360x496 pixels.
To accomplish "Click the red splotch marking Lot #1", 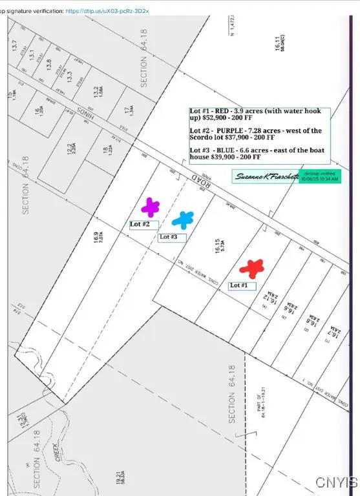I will [251, 267].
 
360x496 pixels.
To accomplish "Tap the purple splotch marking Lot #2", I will [150, 207].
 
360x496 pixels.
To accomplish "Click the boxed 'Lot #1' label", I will [242, 285].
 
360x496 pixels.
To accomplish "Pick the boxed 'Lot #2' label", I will [143, 225].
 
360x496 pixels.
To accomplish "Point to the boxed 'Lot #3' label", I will [172, 238].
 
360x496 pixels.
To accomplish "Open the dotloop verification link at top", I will [107, 11].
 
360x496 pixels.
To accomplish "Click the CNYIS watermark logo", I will [337, 482].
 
